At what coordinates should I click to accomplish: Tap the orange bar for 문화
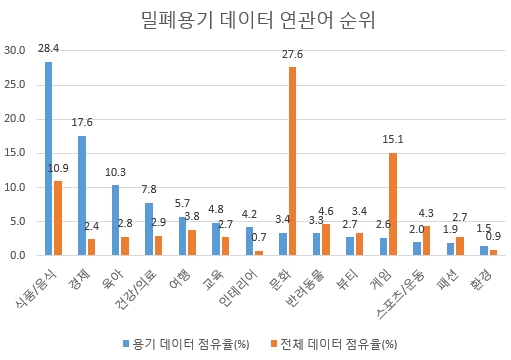293,161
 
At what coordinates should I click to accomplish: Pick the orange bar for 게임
393,204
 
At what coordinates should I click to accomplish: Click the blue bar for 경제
82,195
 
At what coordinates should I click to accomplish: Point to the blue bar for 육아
115,220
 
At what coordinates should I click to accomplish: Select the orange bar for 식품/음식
58,218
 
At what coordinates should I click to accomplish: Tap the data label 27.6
293,53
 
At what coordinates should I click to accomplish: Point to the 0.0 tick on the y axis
18,255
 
